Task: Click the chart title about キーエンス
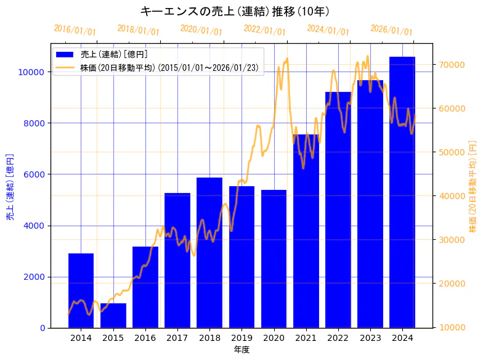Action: (235, 11)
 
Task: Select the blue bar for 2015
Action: (113, 315)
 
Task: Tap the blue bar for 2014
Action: (81, 290)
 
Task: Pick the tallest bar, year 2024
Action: (402, 192)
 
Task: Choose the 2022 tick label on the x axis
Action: (338, 338)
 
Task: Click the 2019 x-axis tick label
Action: (241, 338)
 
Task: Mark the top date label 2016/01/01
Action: (75, 30)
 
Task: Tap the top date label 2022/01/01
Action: (265, 30)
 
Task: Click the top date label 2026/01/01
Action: (392, 30)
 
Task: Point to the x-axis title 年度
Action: (241, 350)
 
